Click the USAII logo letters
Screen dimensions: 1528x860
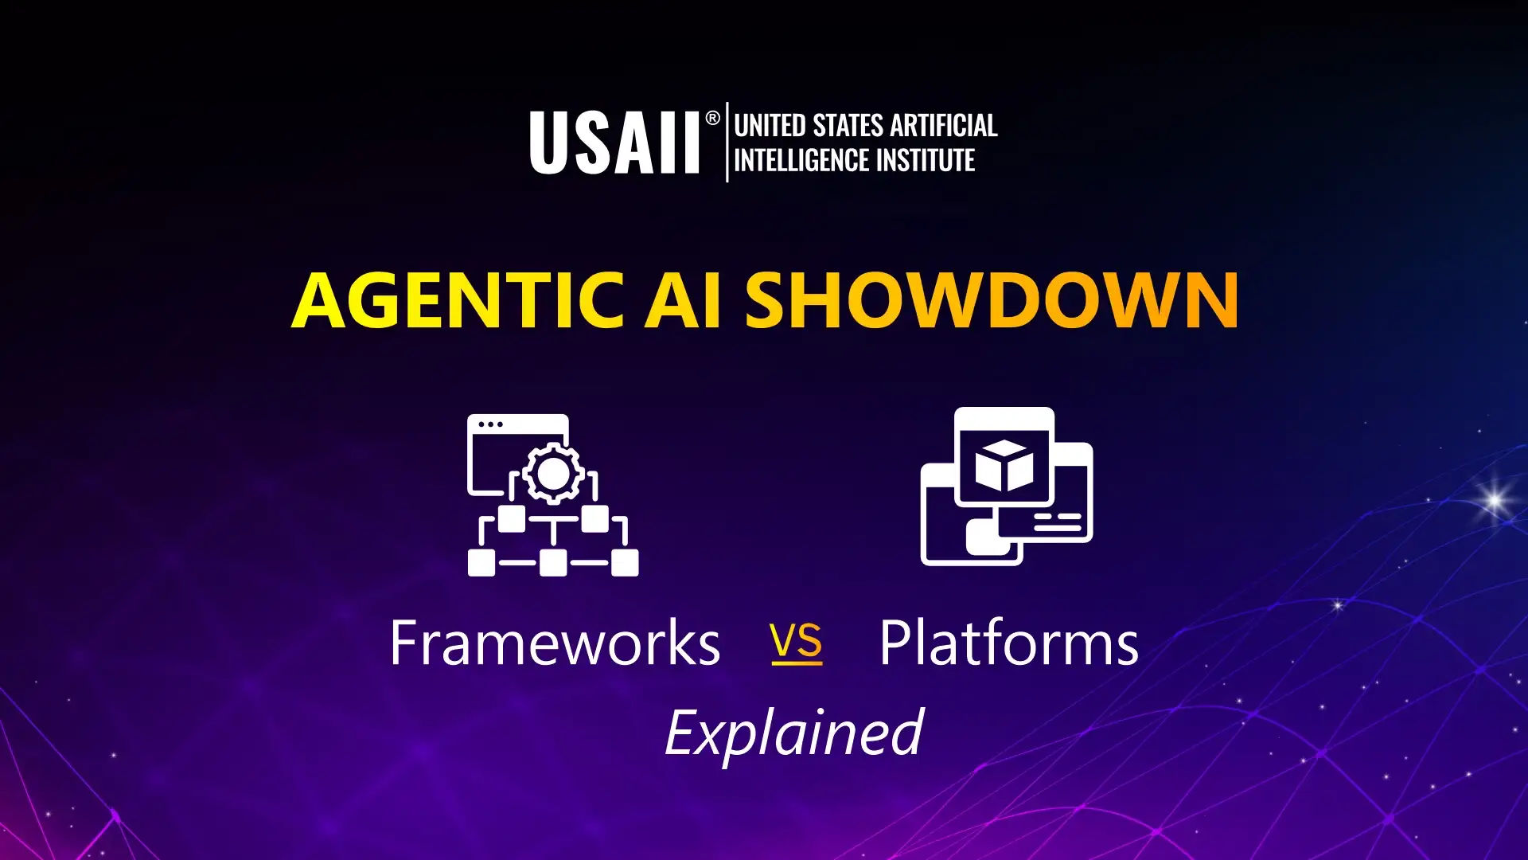614,143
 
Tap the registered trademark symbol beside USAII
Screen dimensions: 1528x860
712,119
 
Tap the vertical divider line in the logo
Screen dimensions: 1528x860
727,142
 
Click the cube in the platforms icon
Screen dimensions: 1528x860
1004,465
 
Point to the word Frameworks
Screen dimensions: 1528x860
555,643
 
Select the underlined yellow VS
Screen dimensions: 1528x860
797,642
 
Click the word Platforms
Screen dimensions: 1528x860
1009,643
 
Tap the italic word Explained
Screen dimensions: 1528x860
793,733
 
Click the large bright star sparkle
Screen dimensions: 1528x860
1495,501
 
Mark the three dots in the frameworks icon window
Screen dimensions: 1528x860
490,424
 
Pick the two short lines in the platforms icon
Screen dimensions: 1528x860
1058,522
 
